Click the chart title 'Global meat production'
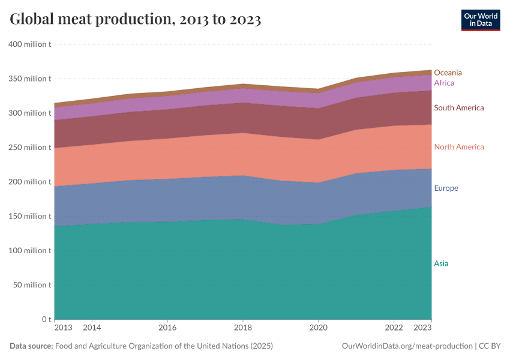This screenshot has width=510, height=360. pos(135,20)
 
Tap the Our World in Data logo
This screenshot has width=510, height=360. pos(480,20)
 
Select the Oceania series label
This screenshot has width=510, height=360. pos(448,73)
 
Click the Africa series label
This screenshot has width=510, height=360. pos(444,83)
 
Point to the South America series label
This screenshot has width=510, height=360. pos(458,108)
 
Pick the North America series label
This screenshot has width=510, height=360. pos(458,147)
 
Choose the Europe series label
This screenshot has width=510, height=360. pos(446,188)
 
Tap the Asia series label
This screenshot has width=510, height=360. pos(441,263)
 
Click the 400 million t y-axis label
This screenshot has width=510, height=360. pos(29,44)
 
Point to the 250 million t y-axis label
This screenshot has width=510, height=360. pos(29,148)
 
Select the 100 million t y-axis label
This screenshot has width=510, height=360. pos(29,251)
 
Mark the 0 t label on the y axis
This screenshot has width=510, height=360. pos(46,319)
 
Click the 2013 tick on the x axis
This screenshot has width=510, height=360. pos(63,328)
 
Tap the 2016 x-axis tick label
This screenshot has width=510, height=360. pos(167,328)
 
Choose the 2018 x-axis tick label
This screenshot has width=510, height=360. pos(242,328)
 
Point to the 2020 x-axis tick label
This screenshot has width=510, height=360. pos(318,328)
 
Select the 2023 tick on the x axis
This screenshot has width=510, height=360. pos(422,328)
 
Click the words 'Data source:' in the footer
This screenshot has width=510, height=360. pos(31,346)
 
